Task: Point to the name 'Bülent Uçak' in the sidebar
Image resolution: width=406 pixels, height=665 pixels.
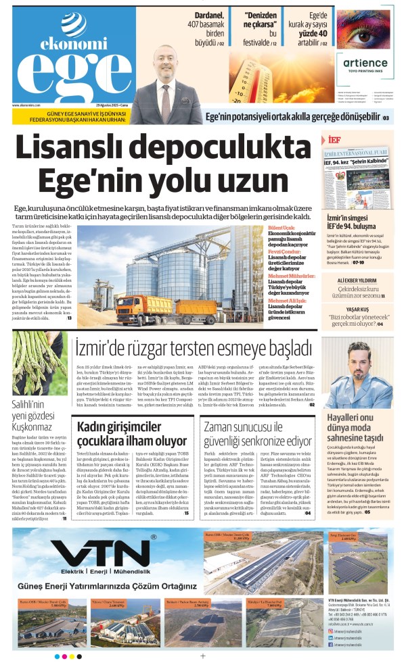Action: pos(281,229)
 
